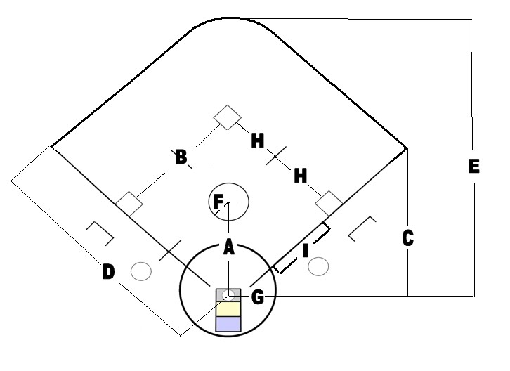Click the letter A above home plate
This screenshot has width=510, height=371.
click(228, 247)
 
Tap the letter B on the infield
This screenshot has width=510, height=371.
click(181, 157)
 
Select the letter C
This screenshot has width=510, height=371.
click(407, 238)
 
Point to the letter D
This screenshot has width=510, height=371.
click(108, 272)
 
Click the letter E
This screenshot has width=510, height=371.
click(473, 167)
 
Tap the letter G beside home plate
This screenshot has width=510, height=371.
click(257, 298)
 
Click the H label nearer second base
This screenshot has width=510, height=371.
click(258, 141)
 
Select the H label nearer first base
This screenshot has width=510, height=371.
click(301, 176)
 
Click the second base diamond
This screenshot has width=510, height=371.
click(227, 117)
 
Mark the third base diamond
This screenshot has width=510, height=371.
click(130, 204)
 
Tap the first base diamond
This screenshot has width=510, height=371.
click(327, 202)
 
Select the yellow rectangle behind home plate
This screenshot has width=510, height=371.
click(228, 308)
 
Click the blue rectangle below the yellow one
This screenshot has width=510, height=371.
click(228, 324)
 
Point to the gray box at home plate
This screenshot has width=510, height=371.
click(228, 294)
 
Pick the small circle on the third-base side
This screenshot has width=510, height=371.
click(142, 270)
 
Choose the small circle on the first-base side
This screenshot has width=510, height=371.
click(319, 266)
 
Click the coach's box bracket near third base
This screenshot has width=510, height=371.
click(100, 233)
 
